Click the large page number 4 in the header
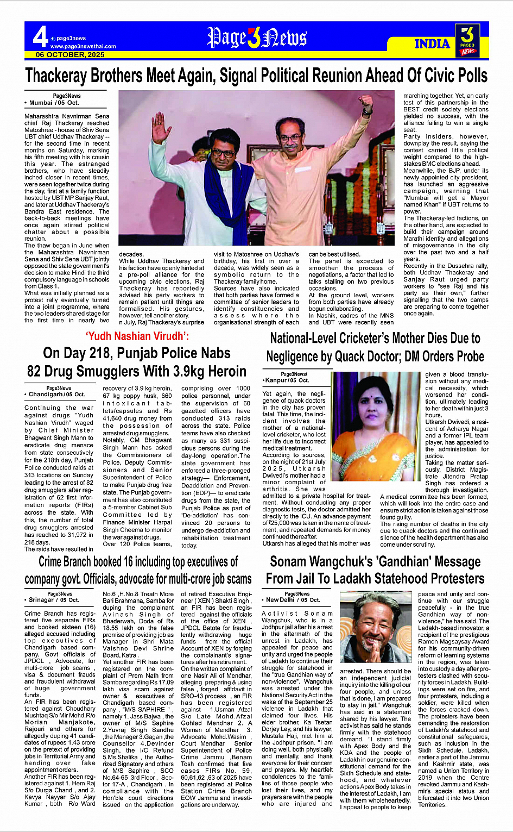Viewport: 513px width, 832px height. [40, 37]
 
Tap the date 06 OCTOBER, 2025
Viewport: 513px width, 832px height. [70, 55]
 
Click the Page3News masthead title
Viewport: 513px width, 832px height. [257, 39]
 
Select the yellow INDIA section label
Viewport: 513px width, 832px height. [432, 44]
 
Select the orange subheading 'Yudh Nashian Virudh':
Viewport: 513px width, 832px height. [137, 336]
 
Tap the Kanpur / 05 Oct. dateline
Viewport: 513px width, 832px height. [287, 380]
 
